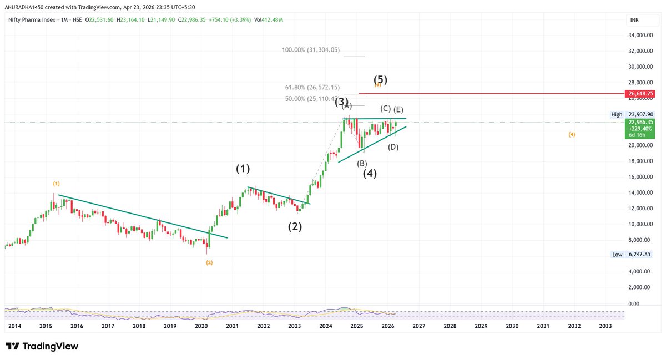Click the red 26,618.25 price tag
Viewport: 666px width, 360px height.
642,94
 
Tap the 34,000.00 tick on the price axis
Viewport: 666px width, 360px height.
640,35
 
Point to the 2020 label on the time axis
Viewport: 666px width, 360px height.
201,327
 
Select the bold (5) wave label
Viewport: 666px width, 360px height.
380,79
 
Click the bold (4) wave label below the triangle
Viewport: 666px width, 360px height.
370,173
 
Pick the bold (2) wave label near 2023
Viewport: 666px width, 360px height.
295,226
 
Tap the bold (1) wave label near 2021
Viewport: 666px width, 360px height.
243,168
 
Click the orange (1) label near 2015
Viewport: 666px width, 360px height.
57,183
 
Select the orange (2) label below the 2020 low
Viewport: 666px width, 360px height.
209,262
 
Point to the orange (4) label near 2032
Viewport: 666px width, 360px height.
572,134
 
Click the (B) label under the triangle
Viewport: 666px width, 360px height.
362,163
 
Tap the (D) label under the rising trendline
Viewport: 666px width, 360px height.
393,146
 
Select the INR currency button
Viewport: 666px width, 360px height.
635,21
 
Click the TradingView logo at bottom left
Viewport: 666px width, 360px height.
42,347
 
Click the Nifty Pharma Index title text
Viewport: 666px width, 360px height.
30,19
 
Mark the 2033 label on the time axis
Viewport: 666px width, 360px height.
606,327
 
